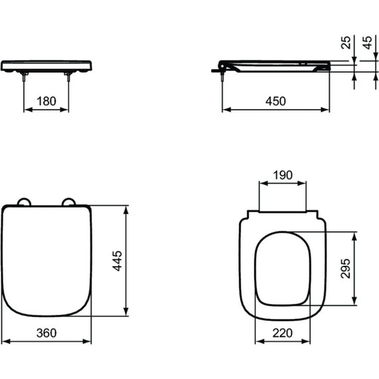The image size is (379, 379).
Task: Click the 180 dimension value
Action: point(46,102)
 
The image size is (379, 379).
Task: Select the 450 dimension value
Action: point(275,102)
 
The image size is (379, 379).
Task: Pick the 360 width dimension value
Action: point(46,332)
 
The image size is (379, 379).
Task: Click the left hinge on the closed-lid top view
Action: point(24,202)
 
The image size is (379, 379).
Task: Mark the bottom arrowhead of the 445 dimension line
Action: point(126,315)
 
